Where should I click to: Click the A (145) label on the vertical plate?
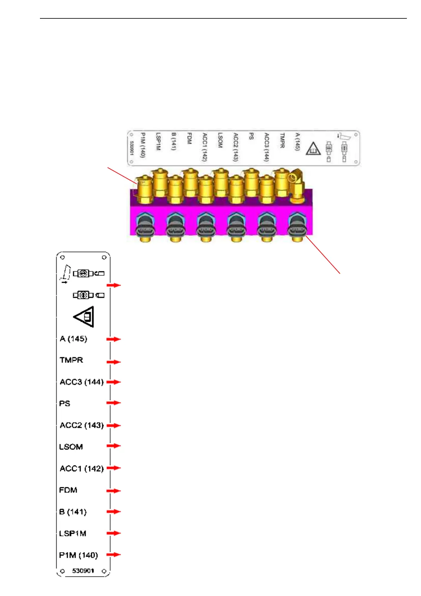point(73,339)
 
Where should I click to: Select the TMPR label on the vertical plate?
point(71,360)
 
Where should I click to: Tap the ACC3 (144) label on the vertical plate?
point(82,382)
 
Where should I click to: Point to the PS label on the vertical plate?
point(65,403)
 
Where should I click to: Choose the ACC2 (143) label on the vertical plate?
point(82,425)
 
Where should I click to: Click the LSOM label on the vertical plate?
point(71,447)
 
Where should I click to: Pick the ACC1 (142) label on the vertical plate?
point(82,469)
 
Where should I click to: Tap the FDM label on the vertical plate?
point(68,490)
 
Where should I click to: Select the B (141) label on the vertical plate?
point(73,512)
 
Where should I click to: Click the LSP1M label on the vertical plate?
point(73,533)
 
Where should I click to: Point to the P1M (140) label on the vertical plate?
point(78,555)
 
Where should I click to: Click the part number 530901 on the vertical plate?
point(83,571)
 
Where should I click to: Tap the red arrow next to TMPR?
point(114,362)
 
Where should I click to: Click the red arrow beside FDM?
point(114,491)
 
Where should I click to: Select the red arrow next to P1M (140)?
point(114,555)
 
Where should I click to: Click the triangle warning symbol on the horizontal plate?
point(313,149)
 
